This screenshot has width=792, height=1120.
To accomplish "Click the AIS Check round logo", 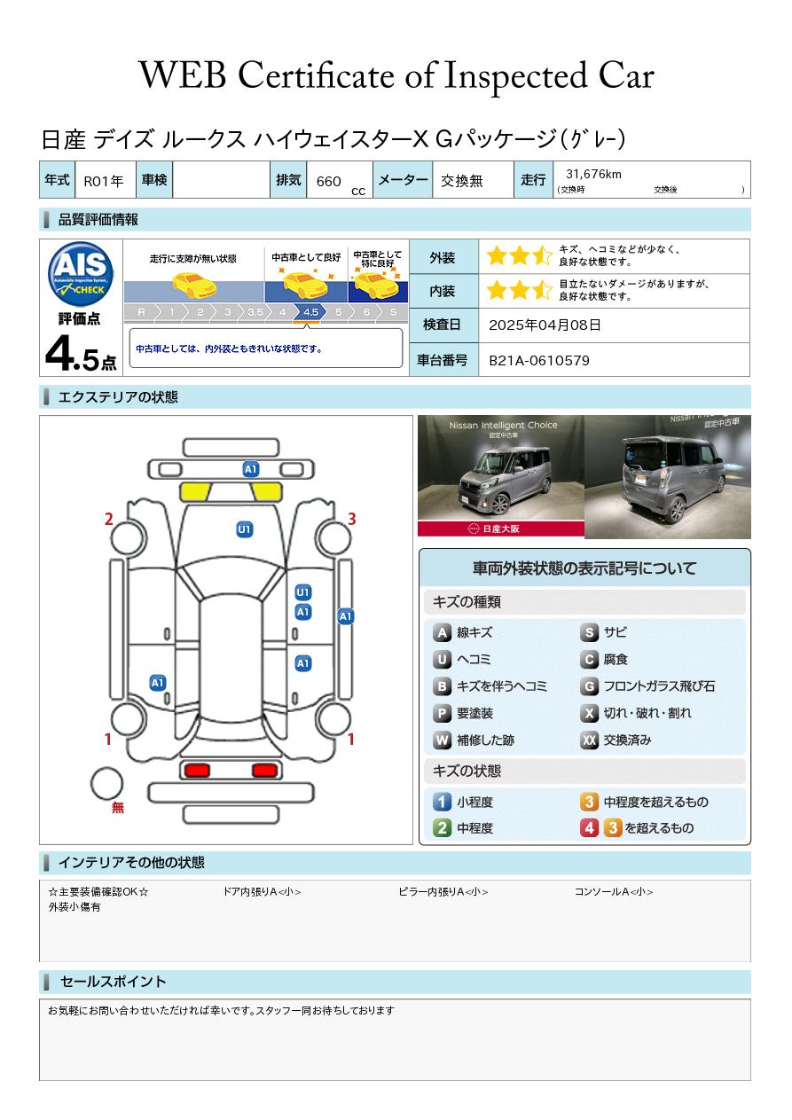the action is [81, 274].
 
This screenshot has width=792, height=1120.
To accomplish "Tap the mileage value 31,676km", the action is [593, 174].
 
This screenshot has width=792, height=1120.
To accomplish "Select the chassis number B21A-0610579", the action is [539, 361].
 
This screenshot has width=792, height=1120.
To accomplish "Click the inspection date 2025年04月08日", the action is [545, 325].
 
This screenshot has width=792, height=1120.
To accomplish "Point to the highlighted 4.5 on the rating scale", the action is [310, 312].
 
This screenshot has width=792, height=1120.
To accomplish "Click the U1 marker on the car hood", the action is [244, 529].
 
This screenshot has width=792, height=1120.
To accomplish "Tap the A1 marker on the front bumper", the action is [250, 469].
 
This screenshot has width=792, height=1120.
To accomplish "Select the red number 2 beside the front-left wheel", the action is [108, 520].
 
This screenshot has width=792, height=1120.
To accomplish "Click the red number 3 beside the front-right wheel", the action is [352, 519].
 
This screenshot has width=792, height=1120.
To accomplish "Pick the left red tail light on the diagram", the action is [197, 771].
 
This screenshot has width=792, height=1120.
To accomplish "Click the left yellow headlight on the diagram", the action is [194, 491].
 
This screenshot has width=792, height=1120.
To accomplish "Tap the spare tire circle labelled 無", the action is [106, 784].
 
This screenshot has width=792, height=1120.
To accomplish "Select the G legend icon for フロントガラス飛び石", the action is [589, 686].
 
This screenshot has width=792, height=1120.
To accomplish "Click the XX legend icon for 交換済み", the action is [589, 740].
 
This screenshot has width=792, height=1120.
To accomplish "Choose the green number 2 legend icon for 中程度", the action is [442, 828].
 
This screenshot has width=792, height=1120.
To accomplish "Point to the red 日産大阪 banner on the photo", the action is [501, 529].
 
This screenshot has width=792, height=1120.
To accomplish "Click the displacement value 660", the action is [328, 181].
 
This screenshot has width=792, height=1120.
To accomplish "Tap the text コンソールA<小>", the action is [614, 891].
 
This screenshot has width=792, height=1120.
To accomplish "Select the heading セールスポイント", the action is [113, 982].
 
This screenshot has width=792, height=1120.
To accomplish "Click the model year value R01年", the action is [104, 181].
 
